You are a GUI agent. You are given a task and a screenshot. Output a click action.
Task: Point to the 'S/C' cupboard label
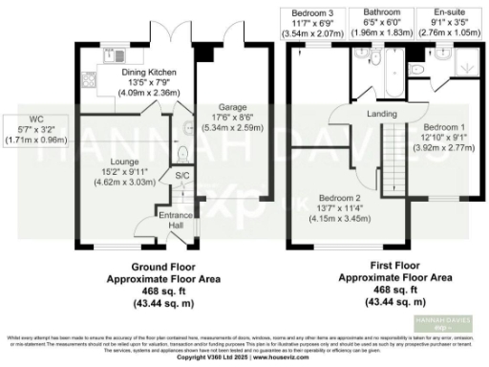pyautogui.click(x=181, y=176)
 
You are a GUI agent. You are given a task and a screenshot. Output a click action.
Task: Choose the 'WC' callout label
pyautogui.click(x=37, y=119)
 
